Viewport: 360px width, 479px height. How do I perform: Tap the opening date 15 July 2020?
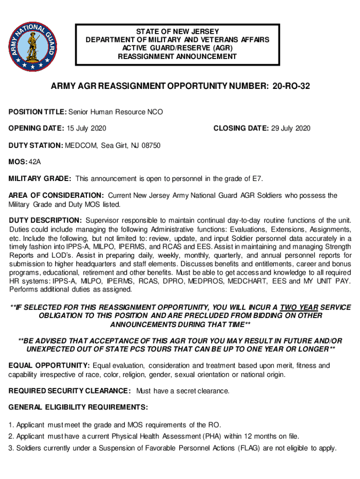click(87, 129)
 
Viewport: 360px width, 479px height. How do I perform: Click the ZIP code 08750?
click(151, 145)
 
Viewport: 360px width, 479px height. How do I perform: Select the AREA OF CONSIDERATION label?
click(56, 196)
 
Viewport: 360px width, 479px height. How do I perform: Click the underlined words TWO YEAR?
click(299, 307)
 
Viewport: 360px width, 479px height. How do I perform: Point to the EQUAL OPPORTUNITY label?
click(49, 365)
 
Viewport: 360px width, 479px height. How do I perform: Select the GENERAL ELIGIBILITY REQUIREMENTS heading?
click(78, 407)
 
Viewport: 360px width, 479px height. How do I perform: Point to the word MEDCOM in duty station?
click(79, 145)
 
